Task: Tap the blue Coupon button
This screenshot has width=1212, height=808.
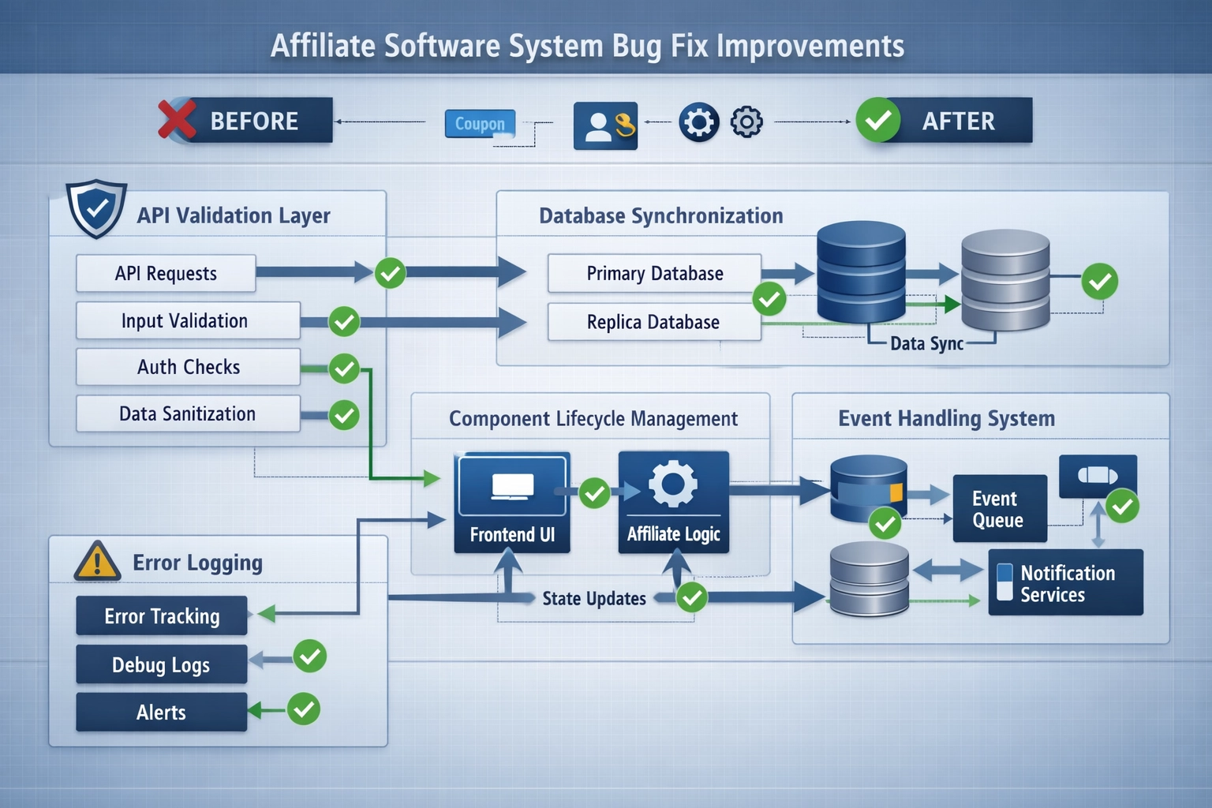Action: point(480,124)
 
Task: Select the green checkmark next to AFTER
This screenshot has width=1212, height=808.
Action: point(877,120)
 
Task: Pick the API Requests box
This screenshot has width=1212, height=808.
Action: point(166,273)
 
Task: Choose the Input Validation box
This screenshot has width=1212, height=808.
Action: point(188,320)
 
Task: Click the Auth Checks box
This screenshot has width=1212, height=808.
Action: point(188,367)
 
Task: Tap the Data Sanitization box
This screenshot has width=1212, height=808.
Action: point(188,413)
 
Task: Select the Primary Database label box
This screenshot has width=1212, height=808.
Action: point(654,273)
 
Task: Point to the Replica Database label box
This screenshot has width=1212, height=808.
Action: point(654,322)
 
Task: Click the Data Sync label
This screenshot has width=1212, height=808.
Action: point(926,343)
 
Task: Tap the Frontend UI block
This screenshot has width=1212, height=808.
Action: point(512,502)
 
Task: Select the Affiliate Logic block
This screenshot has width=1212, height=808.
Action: point(673,502)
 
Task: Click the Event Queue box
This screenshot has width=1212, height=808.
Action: point(999,509)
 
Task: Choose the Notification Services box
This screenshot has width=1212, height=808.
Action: point(1065,583)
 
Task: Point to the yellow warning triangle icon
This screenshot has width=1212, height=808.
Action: point(96,561)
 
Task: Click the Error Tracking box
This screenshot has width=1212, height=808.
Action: point(162,615)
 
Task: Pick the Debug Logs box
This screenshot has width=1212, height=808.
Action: point(162,664)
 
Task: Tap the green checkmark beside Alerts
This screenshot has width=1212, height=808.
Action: point(304,709)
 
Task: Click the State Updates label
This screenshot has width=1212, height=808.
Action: point(593,598)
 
